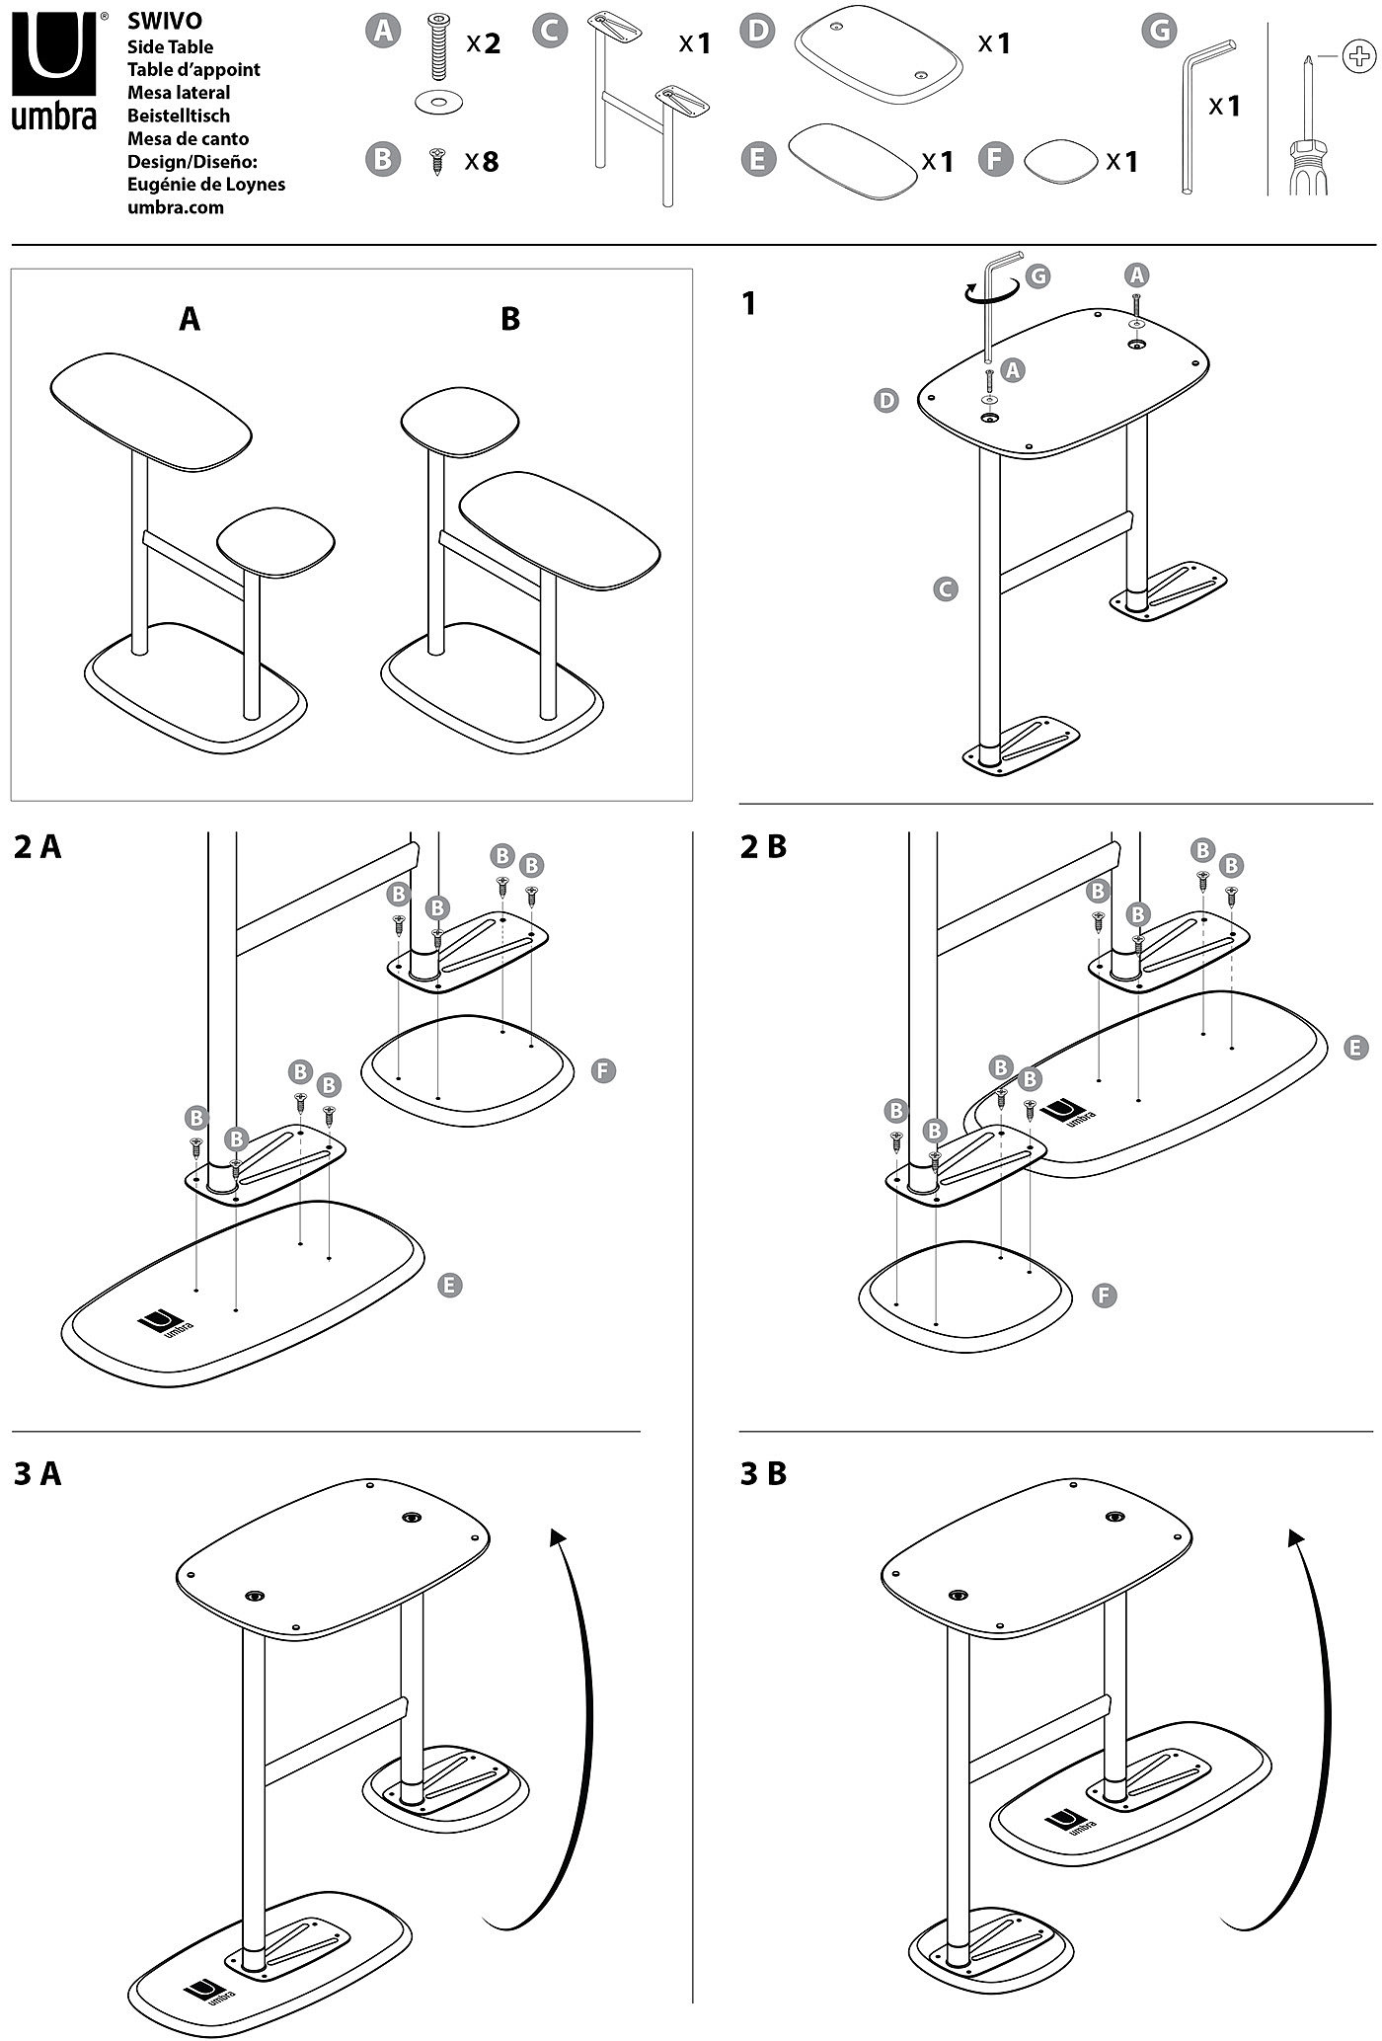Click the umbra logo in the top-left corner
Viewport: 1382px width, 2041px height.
(x=53, y=69)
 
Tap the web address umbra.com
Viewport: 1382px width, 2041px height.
(x=176, y=207)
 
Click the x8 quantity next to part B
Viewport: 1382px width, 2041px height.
(x=482, y=161)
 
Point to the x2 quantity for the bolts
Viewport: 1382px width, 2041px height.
(x=484, y=43)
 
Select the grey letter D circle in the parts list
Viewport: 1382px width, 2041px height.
(x=757, y=31)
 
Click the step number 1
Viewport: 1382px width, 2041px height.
(x=749, y=304)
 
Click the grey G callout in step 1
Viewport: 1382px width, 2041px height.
(x=1038, y=276)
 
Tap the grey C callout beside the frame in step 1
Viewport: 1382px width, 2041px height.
(x=945, y=589)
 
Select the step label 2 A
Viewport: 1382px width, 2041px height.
(x=38, y=847)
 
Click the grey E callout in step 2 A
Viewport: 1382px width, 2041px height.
(x=449, y=1285)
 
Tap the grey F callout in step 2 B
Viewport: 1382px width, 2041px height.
(x=1105, y=1295)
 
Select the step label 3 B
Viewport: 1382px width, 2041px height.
(x=764, y=1474)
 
